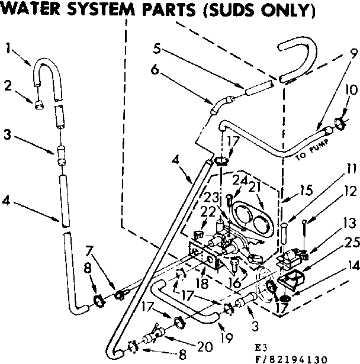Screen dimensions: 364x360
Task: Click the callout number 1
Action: coord(8,47)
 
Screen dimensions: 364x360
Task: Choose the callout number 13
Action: coord(348,224)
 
